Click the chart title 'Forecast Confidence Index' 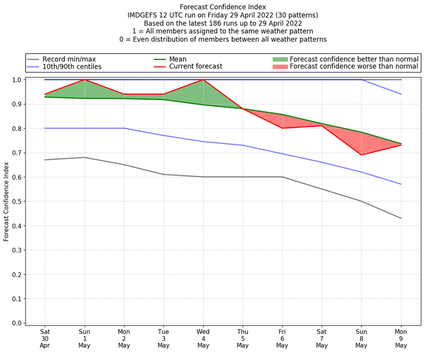pos(223,7)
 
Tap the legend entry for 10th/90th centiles pos(72,67)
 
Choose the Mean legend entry pos(177,59)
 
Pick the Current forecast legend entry pos(195,67)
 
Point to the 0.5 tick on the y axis pos(15,201)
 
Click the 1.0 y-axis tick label pos(15,80)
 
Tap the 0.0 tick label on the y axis pos(15,323)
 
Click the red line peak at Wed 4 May pos(203,80)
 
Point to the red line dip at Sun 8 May pos(362,155)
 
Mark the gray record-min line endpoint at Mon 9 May pos(401,218)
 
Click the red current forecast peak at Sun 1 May pos(84,80)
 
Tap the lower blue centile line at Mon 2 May pos(124,128)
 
